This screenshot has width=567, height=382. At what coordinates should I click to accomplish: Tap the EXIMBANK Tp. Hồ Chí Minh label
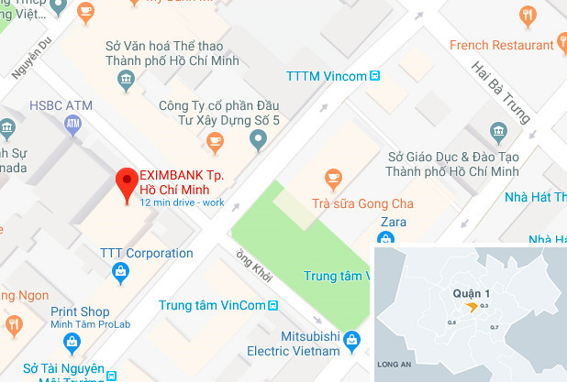pyautogui.click(x=182, y=181)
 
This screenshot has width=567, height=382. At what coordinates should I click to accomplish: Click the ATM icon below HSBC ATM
pyautogui.click(x=74, y=125)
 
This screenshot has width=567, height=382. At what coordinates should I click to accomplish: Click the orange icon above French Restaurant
pyautogui.click(x=528, y=16)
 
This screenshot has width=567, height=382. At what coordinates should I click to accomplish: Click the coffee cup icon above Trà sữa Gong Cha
pyautogui.click(x=334, y=177)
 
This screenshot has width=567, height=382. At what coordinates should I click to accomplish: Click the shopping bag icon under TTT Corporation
pyautogui.click(x=120, y=272)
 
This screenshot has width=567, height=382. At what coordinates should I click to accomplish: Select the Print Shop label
pyautogui.click(x=81, y=311)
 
